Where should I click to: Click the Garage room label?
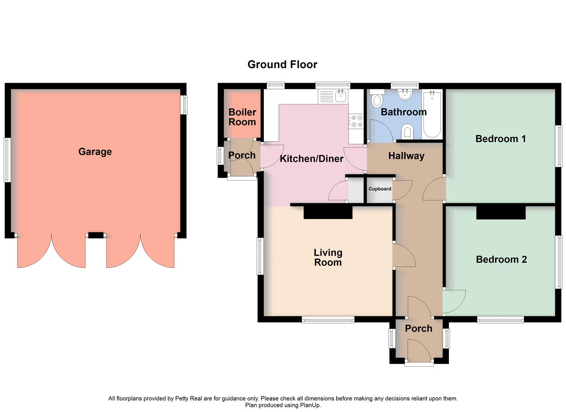(95, 152)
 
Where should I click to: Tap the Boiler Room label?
(242, 117)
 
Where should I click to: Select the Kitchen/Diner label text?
(311, 159)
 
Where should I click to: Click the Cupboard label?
(380, 189)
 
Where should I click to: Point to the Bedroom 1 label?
(500, 139)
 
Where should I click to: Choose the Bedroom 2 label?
(501, 260)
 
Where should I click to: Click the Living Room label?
(328, 257)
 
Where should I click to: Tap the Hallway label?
(406, 156)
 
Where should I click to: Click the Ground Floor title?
(282, 64)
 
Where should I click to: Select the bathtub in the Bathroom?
(432, 114)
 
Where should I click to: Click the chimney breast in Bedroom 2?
(501, 212)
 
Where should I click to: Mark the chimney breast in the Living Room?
(328, 212)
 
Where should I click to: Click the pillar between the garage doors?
(96, 235)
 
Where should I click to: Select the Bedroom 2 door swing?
(454, 301)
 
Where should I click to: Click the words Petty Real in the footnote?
(189, 399)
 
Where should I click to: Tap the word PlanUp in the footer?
(310, 405)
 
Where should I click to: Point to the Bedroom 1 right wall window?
(559, 146)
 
